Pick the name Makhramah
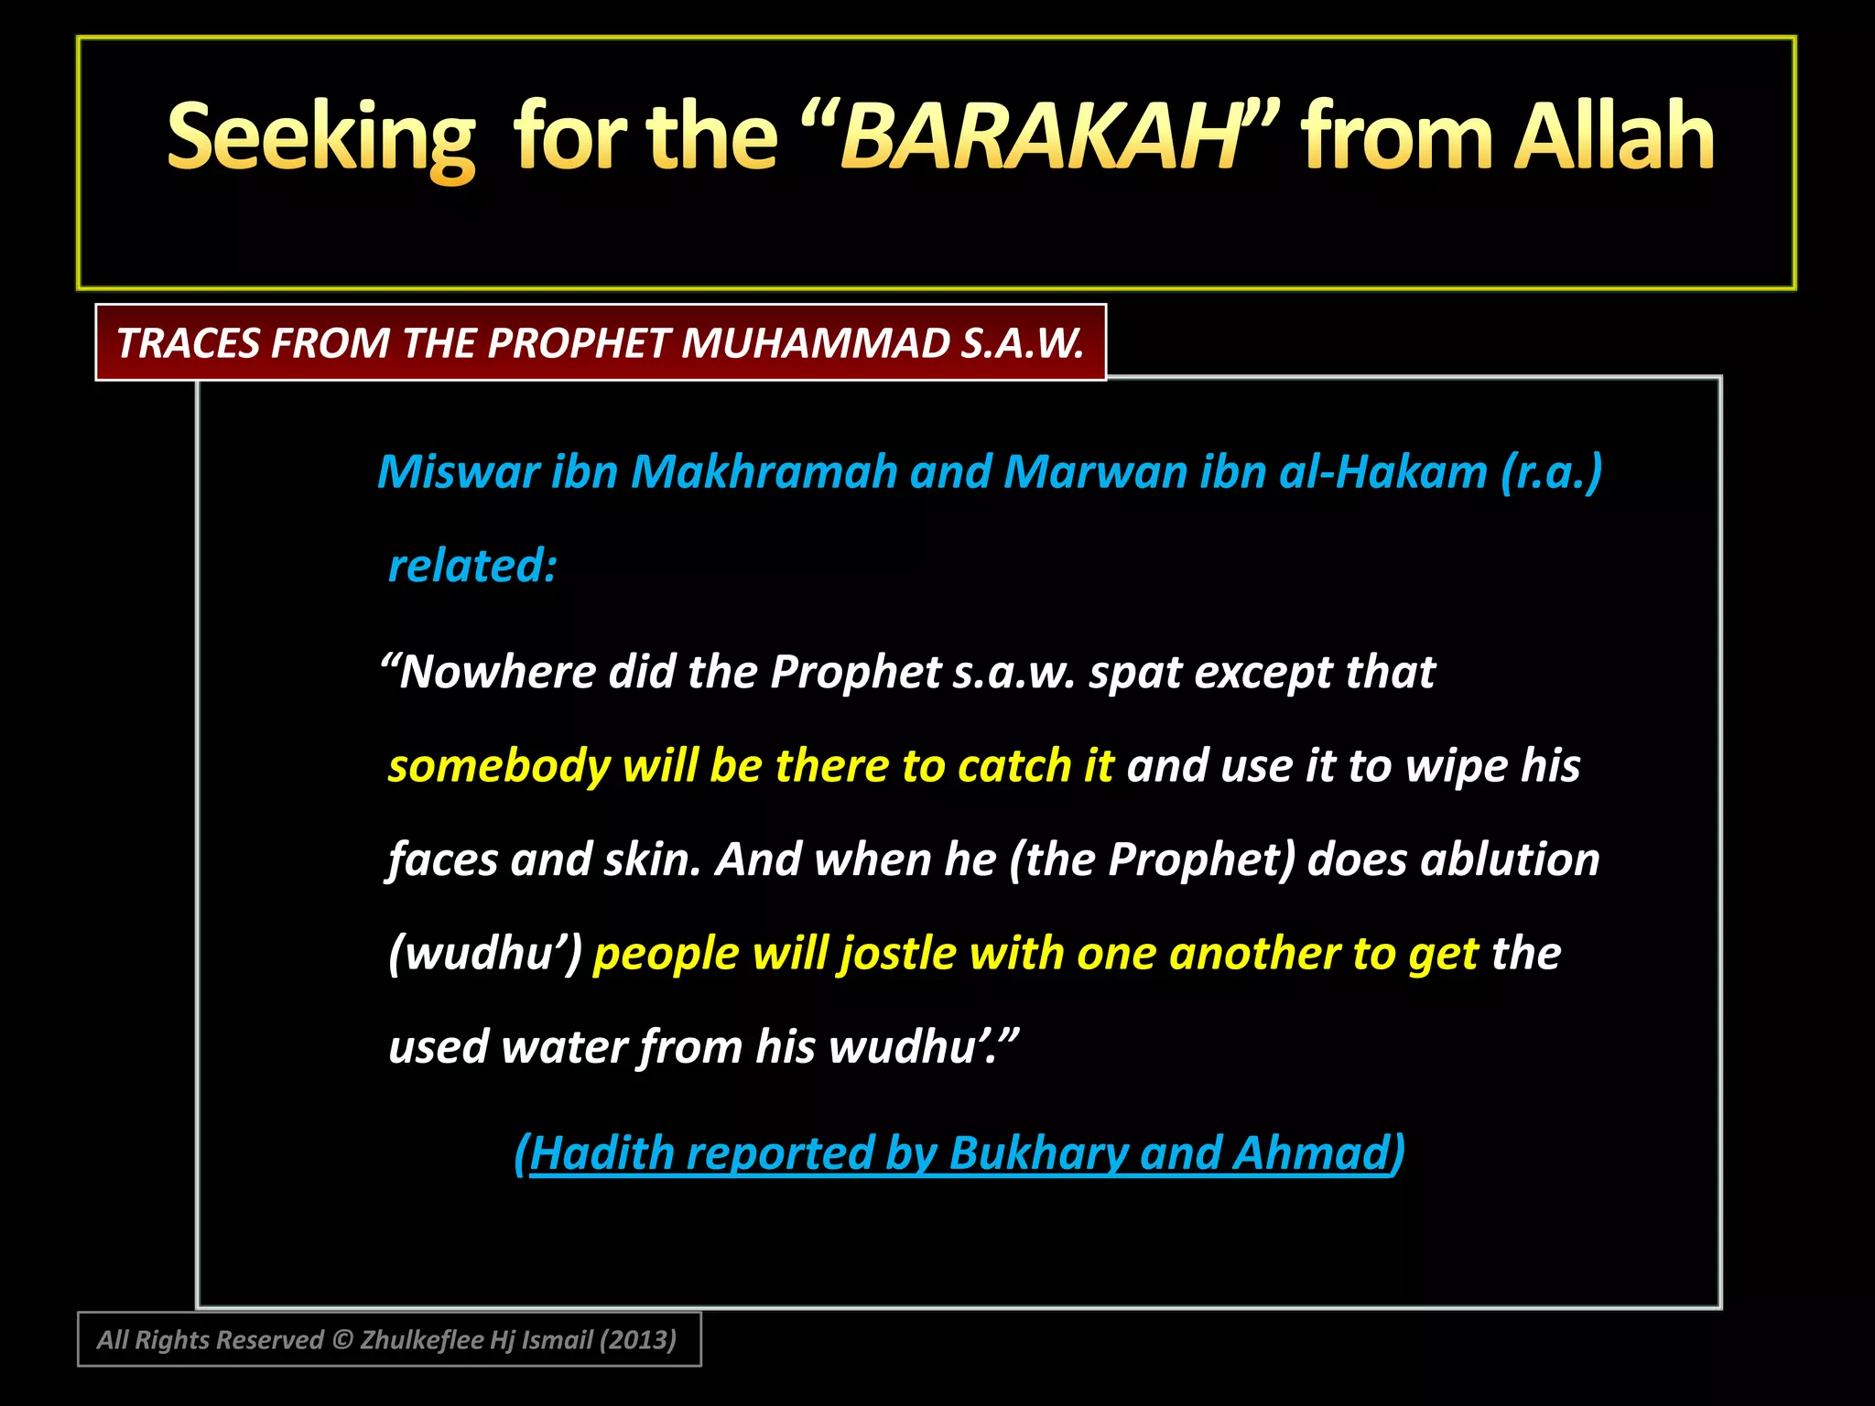pos(764,472)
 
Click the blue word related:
pos(472,566)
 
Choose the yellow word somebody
pos(499,766)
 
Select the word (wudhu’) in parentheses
pos(485,954)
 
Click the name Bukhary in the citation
pos(1039,1152)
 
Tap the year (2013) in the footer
pos(637,1340)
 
